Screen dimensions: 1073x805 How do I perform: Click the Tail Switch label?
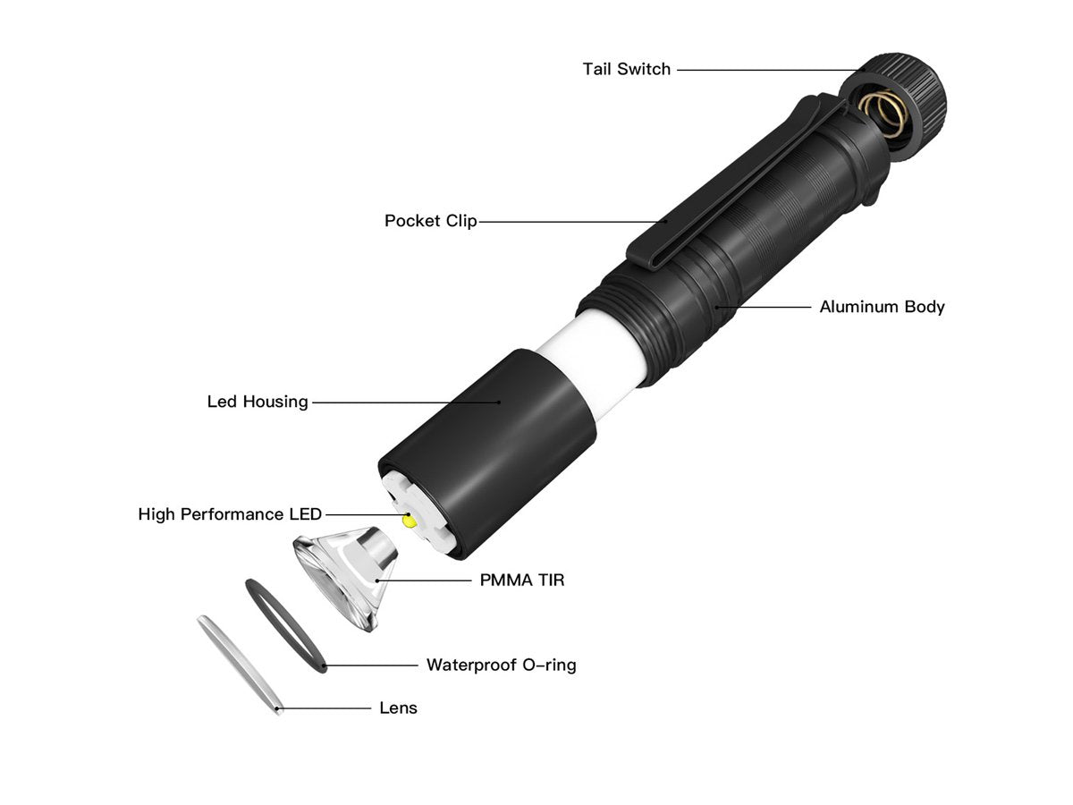[x=626, y=70]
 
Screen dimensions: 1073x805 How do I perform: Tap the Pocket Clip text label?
[x=430, y=221]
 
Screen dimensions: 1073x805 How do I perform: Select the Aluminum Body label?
[x=882, y=307]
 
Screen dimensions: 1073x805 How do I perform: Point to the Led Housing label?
[x=258, y=402]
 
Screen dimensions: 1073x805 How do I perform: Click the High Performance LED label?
[x=230, y=514]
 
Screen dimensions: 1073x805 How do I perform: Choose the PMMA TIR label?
[x=522, y=580]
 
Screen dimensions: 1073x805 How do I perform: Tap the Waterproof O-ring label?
[x=501, y=665]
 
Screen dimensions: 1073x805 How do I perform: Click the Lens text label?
[x=399, y=708]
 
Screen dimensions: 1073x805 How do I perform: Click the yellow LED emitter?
[x=410, y=521]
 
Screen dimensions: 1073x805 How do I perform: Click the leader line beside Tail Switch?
[x=770, y=70]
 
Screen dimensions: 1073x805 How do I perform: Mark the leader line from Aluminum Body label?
[x=763, y=307]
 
